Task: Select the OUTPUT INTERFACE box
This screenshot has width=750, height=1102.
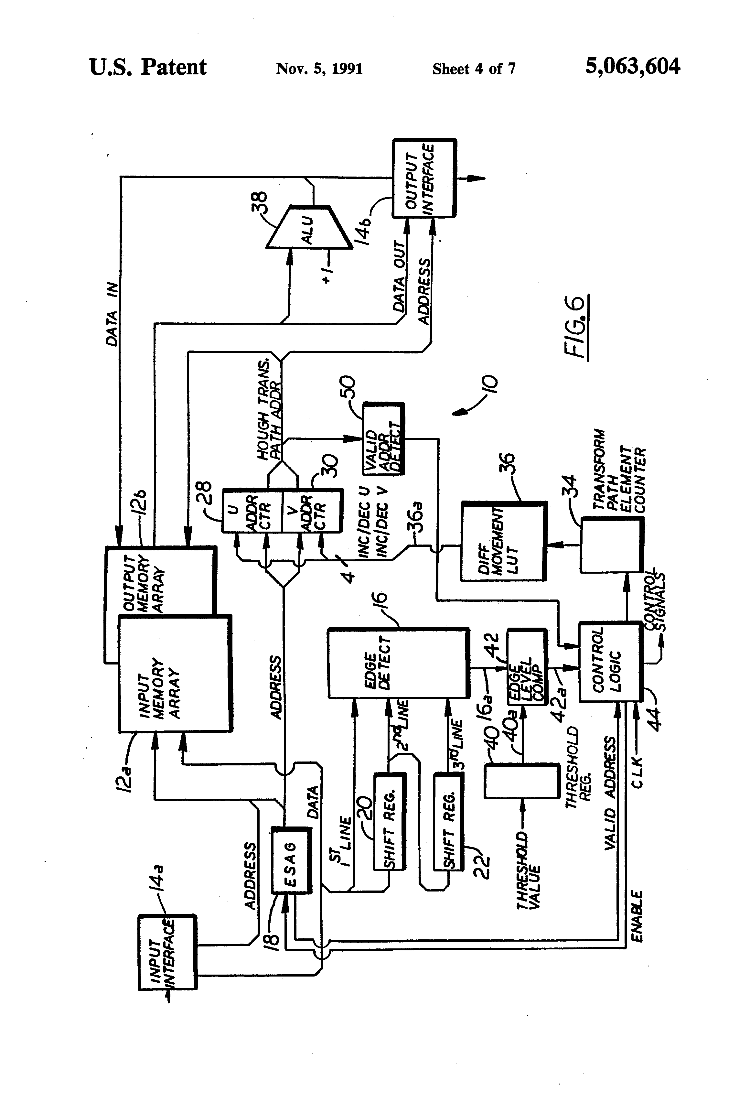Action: coord(424,178)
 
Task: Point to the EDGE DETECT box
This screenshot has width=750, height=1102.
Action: coord(398,664)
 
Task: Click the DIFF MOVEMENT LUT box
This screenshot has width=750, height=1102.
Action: coord(503,541)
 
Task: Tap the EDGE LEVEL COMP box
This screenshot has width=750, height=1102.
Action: coord(527,667)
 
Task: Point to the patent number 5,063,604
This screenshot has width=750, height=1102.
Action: coord(632,66)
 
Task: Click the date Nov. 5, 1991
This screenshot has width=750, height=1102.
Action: coord(319,69)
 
